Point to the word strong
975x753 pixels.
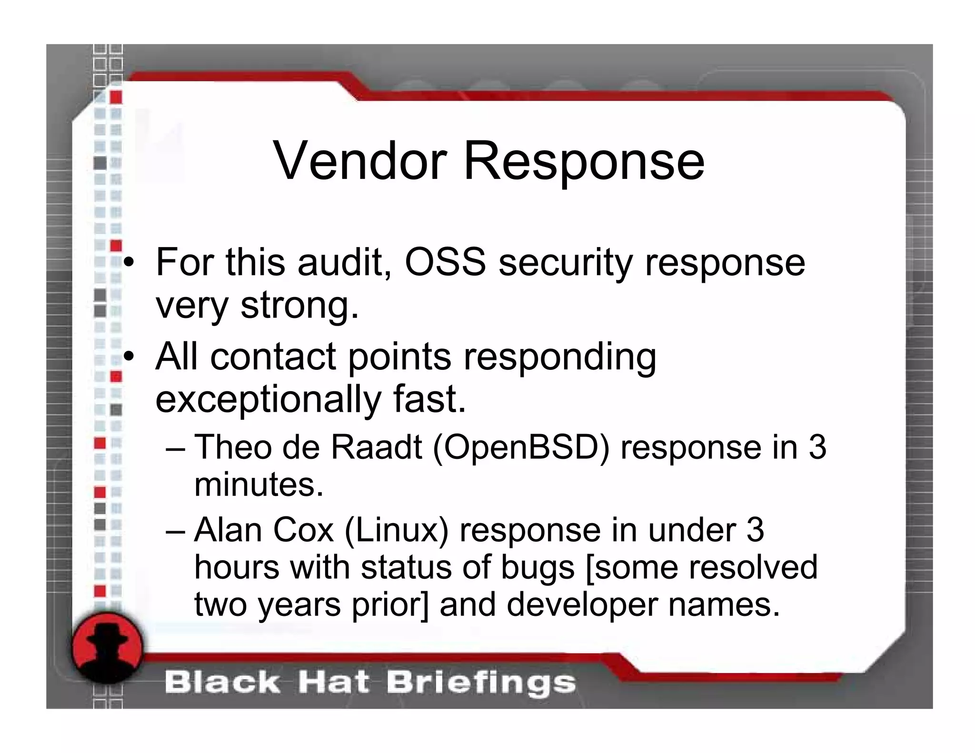pos(299,306)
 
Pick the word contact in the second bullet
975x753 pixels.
pos(273,357)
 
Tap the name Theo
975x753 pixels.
pos(233,447)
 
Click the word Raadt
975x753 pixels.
pos(376,447)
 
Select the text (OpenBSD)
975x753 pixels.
pos(521,448)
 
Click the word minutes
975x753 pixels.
pos(259,485)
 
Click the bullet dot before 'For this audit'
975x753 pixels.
pos(128,262)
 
